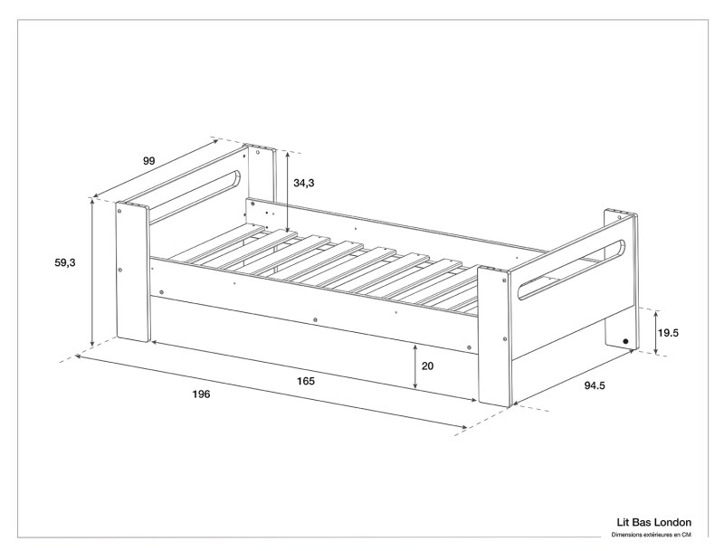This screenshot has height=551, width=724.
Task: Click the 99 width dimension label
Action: coord(149,161)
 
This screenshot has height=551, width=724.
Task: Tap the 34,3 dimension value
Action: coord(304,183)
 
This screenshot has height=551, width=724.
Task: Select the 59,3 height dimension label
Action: coord(64,262)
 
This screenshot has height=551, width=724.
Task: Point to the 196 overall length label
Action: coord(201,394)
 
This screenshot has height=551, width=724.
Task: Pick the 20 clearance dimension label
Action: coord(430,366)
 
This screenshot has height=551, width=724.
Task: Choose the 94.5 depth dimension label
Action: coord(595,386)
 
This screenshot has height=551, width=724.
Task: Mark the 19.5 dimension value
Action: coord(669,333)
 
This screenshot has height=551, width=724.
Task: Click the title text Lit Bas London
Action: coord(652,522)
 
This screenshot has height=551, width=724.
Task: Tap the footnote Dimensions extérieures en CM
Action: coord(652,535)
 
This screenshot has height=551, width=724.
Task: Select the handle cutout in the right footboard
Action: coord(570,269)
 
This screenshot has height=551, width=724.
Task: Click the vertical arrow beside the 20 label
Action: coord(414,366)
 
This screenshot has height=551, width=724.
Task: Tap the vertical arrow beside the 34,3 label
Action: coord(287,193)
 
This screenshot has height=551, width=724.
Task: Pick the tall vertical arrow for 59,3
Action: coord(93,273)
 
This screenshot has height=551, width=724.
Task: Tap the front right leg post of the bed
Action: coord(493,335)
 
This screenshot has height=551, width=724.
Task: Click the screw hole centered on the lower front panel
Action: coord(314,319)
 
